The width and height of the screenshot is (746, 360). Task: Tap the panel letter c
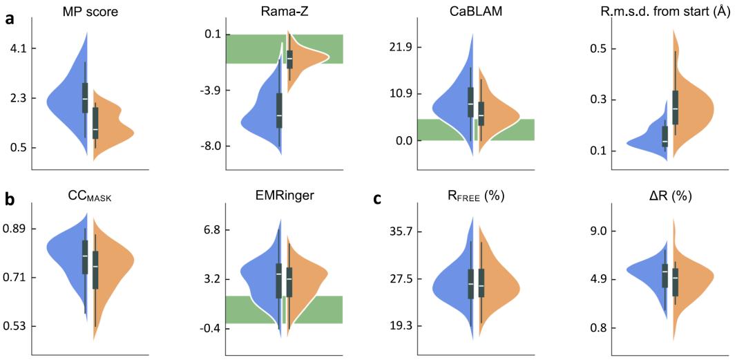click(377, 200)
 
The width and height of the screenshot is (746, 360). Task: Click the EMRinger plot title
click(285, 196)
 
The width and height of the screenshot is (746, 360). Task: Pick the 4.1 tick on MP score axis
click(15, 48)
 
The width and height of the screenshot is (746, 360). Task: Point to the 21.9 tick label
click(400, 47)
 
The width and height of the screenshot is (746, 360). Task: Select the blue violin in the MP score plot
click(66, 104)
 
